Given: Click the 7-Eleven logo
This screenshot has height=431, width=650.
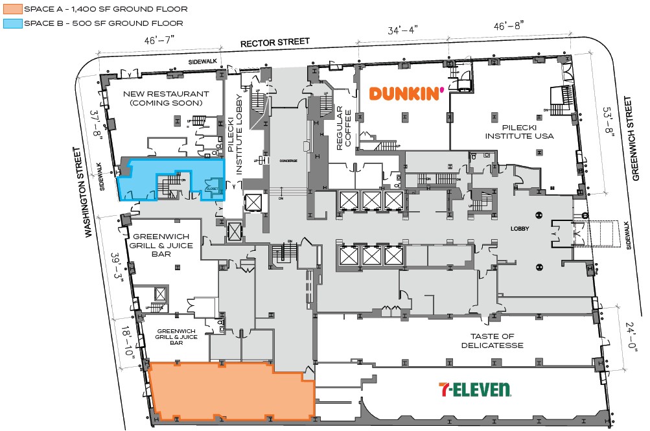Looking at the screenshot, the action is (475, 390).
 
